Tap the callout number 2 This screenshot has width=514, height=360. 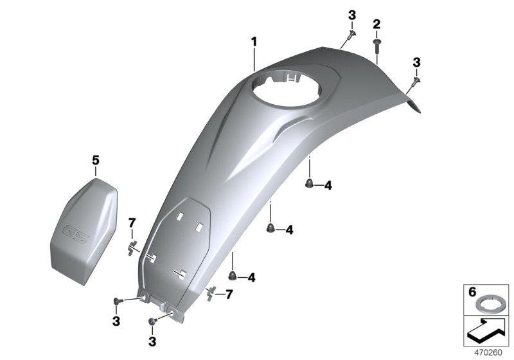click(x=377, y=24)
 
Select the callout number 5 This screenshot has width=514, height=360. click(x=96, y=159)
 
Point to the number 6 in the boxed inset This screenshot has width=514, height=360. click(x=472, y=292)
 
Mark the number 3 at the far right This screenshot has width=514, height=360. click(x=416, y=62)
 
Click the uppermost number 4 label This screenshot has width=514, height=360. click(x=328, y=186)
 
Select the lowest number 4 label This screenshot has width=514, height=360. click(x=251, y=278)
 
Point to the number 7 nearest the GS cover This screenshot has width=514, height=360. click(x=133, y=222)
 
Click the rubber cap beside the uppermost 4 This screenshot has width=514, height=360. click(x=309, y=185)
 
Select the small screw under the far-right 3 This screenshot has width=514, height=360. click(x=414, y=80)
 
